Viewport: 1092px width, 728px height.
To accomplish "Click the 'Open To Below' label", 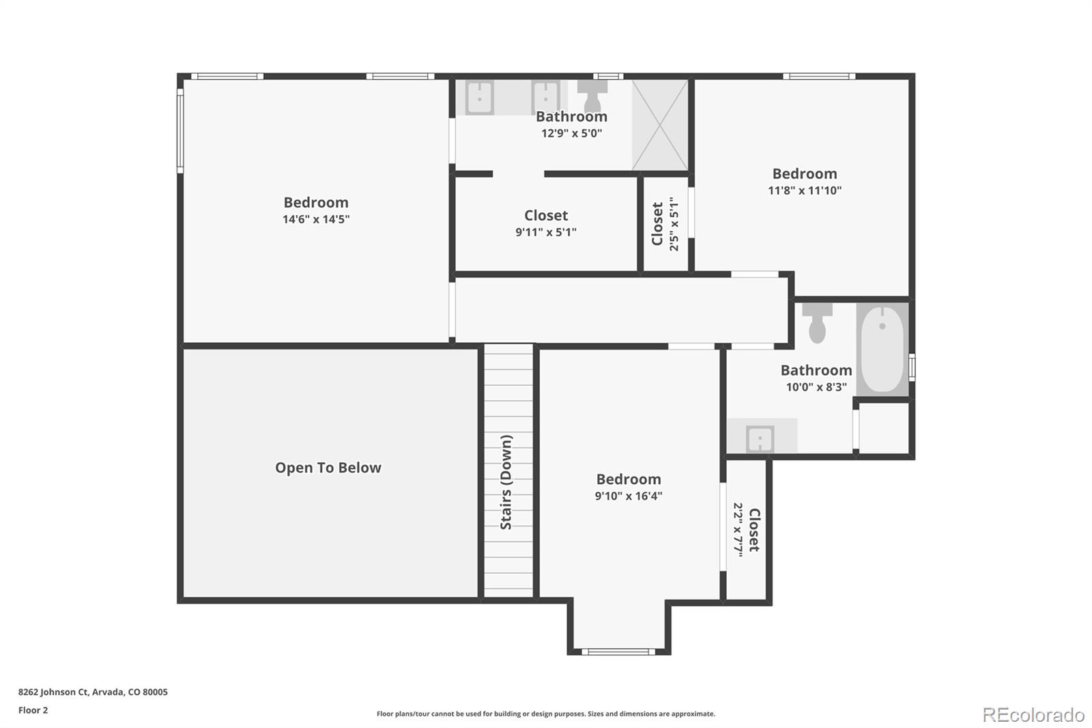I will pyautogui.click(x=328, y=468).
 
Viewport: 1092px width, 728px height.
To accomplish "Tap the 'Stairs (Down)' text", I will pyautogui.click(x=506, y=482).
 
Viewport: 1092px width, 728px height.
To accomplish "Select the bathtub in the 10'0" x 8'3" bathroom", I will pyautogui.click(x=882, y=349).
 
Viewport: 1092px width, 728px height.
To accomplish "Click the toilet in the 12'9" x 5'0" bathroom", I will pyautogui.click(x=592, y=95).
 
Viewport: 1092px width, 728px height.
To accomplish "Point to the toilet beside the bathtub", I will pyautogui.click(x=817, y=322).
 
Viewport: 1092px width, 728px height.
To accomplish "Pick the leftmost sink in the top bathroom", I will pyautogui.click(x=480, y=97).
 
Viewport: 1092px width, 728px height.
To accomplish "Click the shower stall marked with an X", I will pyautogui.click(x=659, y=125).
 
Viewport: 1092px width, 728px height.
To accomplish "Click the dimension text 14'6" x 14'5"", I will pyautogui.click(x=316, y=219).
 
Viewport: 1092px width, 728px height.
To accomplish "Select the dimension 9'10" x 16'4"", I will pyautogui.click(x=628, y=496).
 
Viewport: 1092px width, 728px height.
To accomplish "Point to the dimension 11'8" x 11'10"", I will pyautogui.click(x=805, y=191).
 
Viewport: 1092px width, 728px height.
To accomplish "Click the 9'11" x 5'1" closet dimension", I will pyautogui.click(x=545, y=232).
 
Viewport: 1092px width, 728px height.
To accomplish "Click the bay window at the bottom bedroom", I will pyautogui.click(x=618, y=652).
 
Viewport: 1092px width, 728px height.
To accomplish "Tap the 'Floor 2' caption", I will pyautogui.click(x=33, y=710).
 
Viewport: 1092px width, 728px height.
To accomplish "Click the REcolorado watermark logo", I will pyautogui.click(x=1033, y=715).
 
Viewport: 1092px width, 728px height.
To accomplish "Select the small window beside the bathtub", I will pyautogui.click(x=912, y=367).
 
